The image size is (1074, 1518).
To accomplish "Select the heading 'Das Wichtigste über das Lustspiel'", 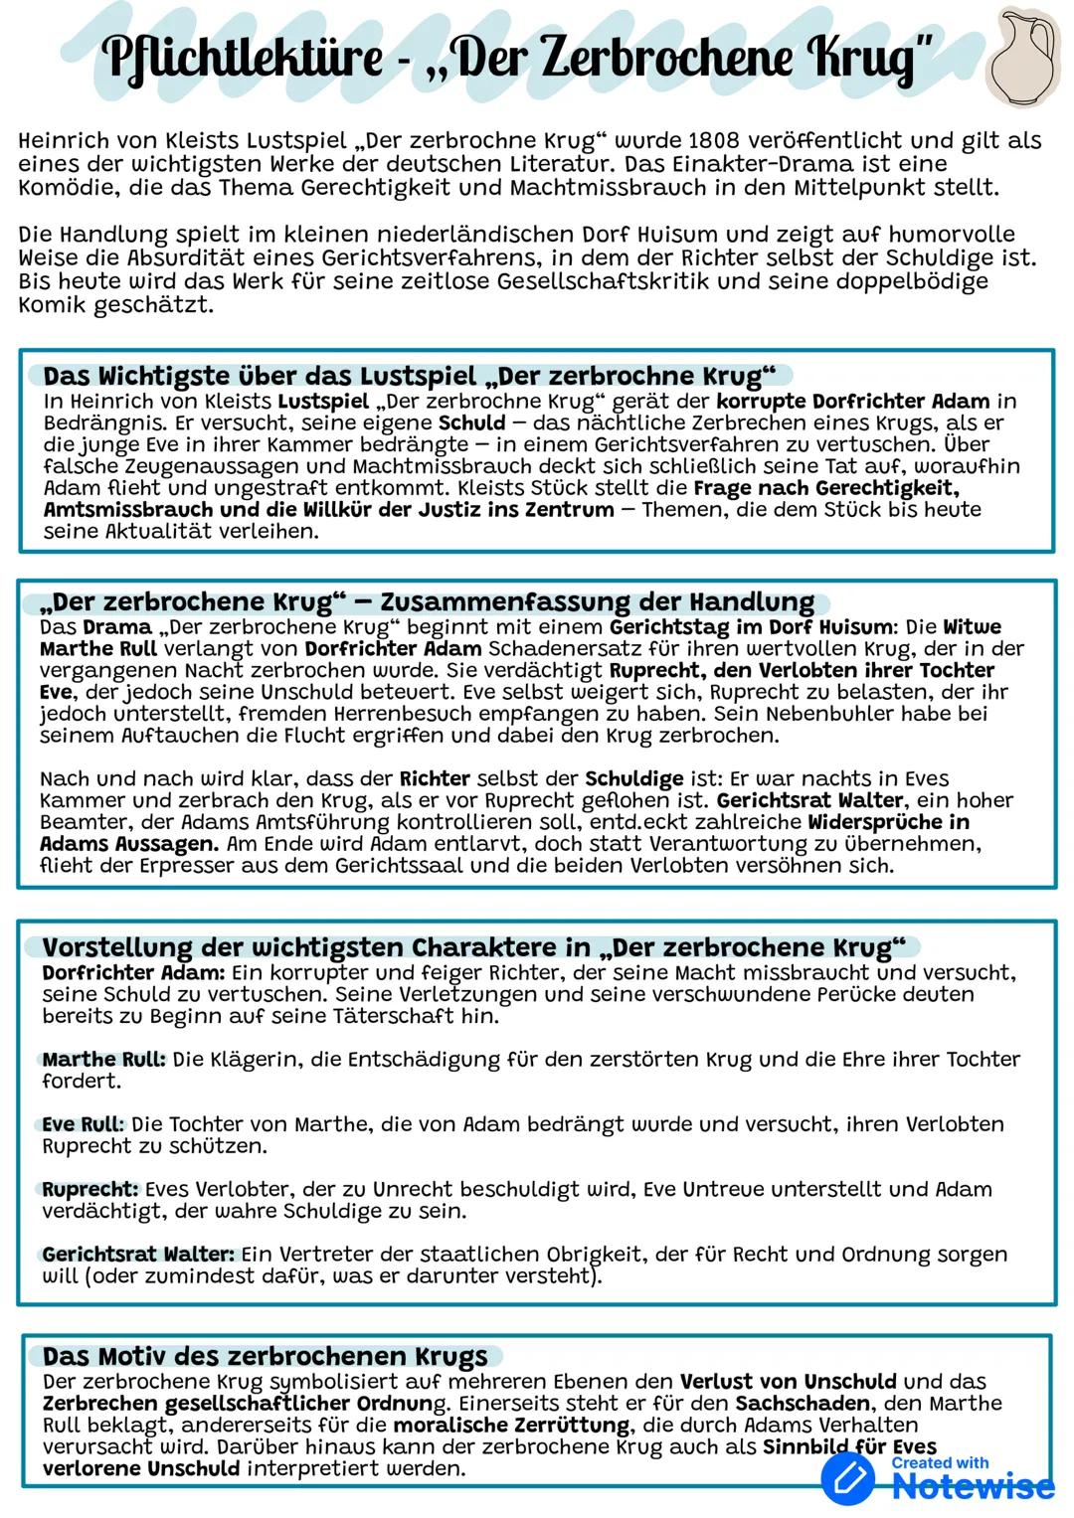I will click(259, 376).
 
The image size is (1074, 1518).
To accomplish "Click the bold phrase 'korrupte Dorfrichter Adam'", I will click(852, 402).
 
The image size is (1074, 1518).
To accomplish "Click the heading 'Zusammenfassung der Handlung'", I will click(597, 602).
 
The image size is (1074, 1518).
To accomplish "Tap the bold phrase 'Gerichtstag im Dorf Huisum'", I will click(752, 627).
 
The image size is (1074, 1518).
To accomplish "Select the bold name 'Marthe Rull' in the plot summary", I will click(98, 649).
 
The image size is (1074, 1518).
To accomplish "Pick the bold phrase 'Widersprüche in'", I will click(888, 822).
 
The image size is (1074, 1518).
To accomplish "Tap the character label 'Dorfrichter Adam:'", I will click(133, 972).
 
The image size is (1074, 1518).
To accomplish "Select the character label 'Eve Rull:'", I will click(83, 1124).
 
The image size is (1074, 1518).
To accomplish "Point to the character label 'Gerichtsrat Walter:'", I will click(138, 1255).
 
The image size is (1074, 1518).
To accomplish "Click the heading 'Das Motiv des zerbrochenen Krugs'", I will click(265, 1356).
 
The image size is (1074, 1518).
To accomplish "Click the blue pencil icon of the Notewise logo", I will click(848, 1479).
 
